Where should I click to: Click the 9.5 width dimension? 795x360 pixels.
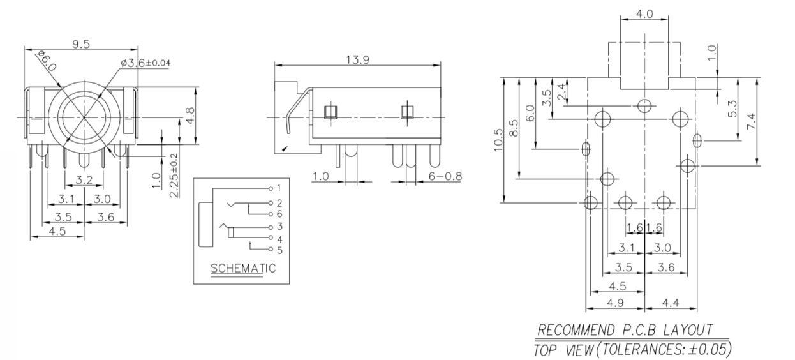click(80, 44)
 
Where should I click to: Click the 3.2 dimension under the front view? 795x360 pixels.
click(84, 178)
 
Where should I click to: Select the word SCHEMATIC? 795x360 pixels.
click(243, 268)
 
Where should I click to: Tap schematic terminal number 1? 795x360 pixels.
click(279, 188)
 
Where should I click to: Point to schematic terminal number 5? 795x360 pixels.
click(279, 250)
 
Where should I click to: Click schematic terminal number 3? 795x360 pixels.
click(279, 227)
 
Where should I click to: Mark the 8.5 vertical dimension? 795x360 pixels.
click(514, 128)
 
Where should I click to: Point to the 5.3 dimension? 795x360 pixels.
click(733, 109)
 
